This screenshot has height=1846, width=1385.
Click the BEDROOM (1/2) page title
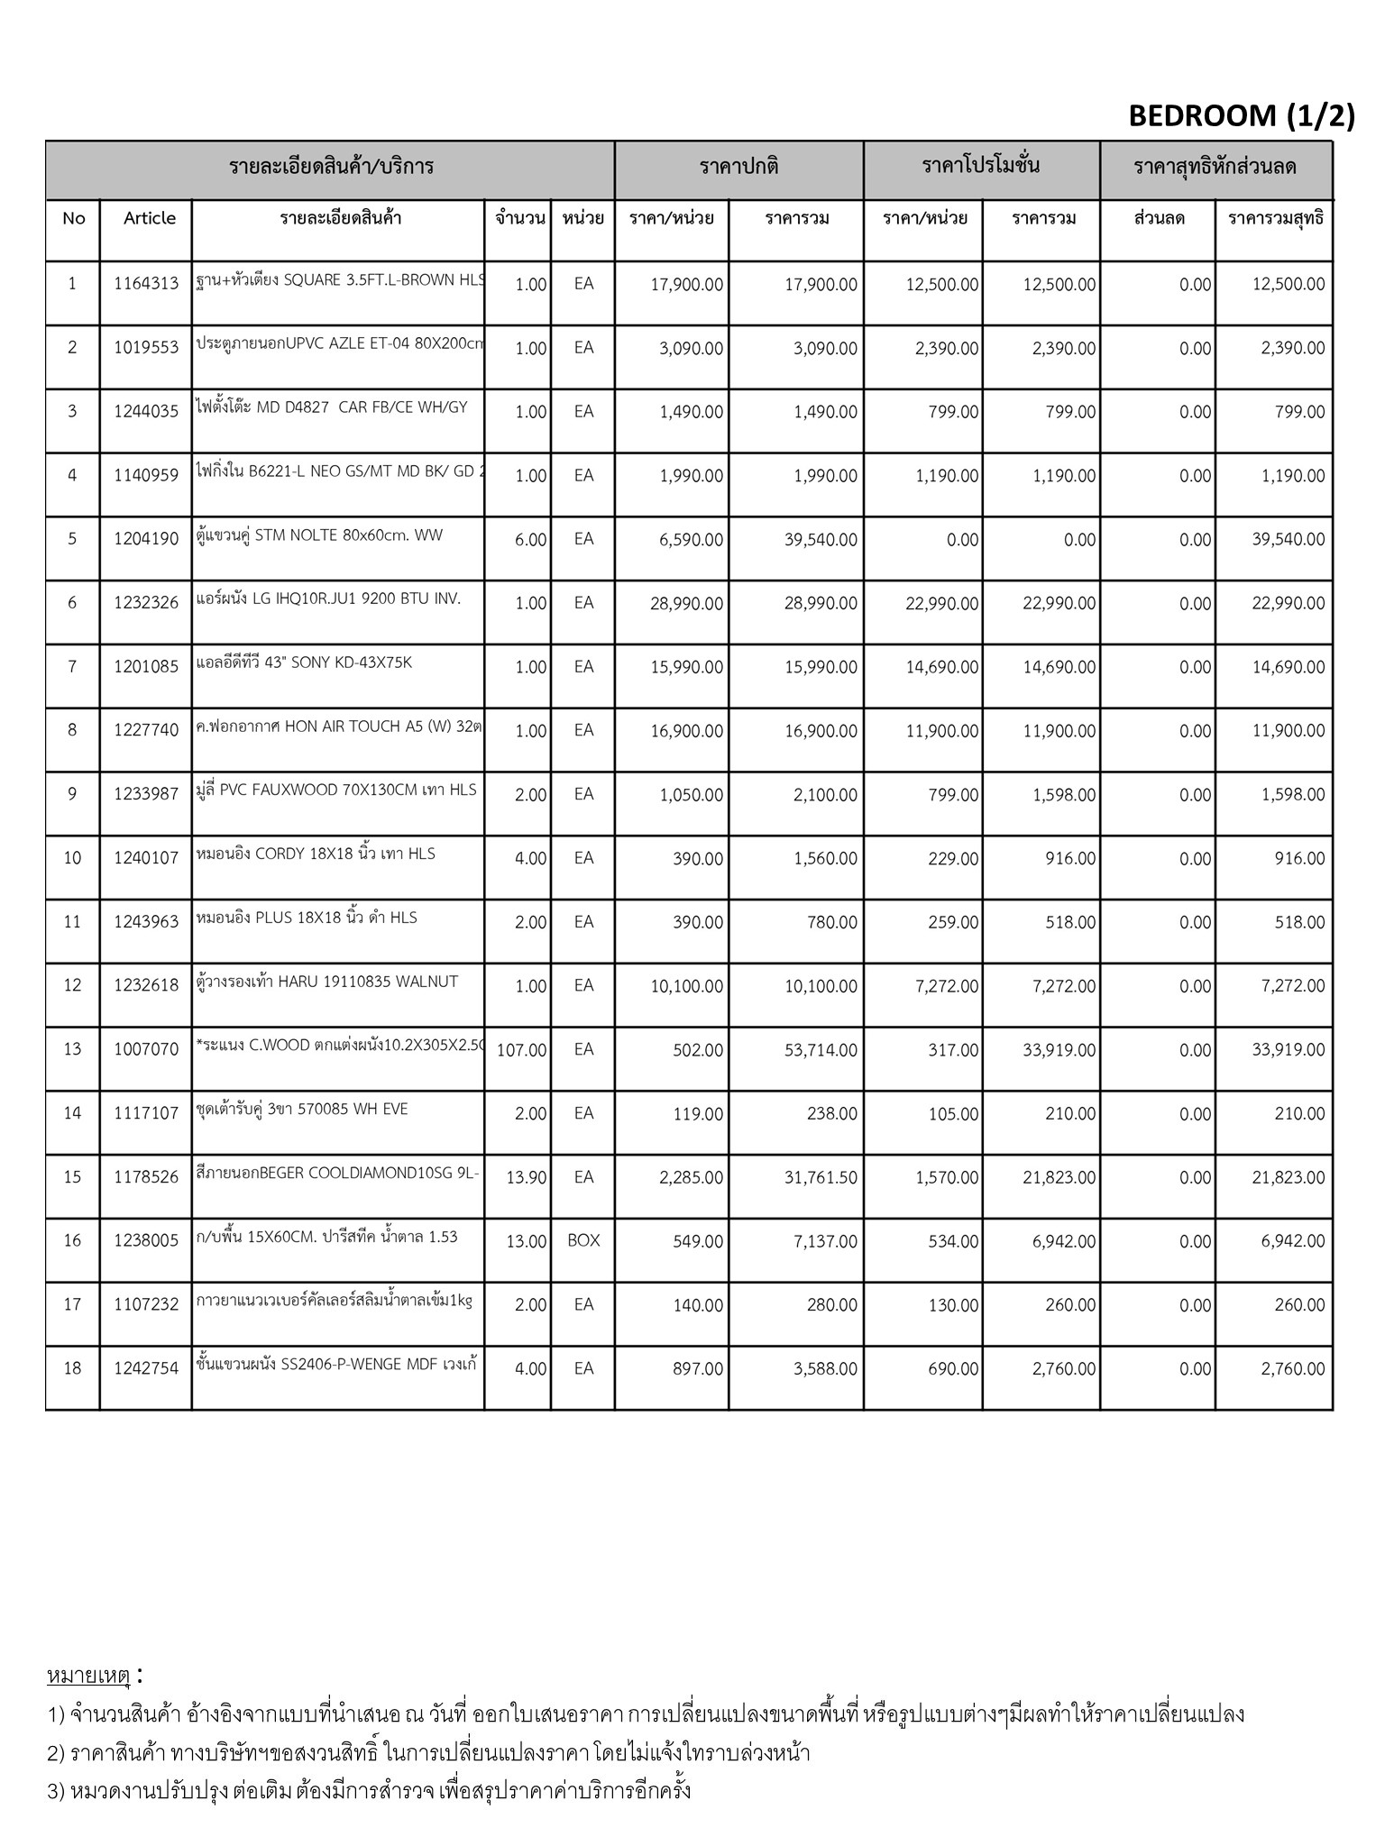coord(1241,116)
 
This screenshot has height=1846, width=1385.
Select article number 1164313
coord(146,284)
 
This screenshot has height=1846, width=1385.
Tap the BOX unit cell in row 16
coord(583,1240)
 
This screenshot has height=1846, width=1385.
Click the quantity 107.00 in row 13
coord(521,1050)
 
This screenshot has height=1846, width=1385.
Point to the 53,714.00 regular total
coord(821,1050)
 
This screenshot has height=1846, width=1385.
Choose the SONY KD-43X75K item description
coord(304,663)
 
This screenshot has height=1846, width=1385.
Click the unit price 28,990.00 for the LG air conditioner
coord(686,604)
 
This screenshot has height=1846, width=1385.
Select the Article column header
coord(150,218)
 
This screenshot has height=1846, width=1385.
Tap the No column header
coord(74,218)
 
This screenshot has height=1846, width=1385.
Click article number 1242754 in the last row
coord(146,1368)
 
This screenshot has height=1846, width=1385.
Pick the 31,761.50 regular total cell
coord(821,1178)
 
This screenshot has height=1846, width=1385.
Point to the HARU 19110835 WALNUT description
coord(326,982)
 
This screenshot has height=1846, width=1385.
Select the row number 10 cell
coord(73,858)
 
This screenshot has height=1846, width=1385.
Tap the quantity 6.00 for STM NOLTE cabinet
coord(530,540)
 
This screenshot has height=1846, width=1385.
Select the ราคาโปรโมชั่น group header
coord(981,166)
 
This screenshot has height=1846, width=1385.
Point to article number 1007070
coord(146,1049)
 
